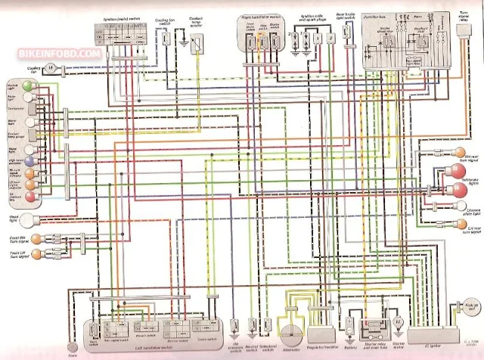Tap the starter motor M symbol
396,322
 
